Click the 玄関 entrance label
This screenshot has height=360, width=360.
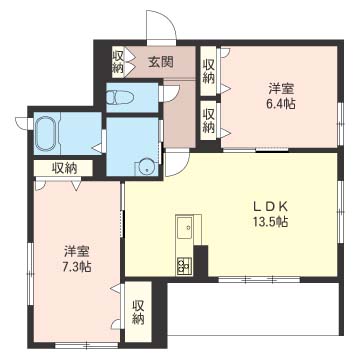point(161,62)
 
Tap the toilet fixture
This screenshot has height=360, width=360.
point(120,98)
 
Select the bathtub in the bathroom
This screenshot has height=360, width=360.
point(45,133)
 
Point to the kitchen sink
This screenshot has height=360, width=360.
point(184,227)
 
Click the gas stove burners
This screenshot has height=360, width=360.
point(184,265)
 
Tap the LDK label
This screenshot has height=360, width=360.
point(269,207)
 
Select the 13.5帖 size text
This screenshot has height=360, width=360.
point(270,222)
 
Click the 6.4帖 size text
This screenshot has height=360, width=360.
point(281,104)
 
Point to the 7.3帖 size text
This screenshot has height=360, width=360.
point(77,267)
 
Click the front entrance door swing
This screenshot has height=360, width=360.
point(162,27)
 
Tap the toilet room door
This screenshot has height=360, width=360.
point(169,93)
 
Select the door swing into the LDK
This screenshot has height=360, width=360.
point(177,164)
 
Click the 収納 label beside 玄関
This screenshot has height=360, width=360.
point(119,62)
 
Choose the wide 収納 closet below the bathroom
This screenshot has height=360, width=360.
point(64,168)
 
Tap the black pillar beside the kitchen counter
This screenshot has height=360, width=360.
point(201,262)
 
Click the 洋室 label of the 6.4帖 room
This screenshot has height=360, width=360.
point(281,89)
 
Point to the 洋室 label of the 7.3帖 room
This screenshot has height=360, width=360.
point(77,252)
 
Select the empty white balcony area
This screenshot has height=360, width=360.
point(253,309)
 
